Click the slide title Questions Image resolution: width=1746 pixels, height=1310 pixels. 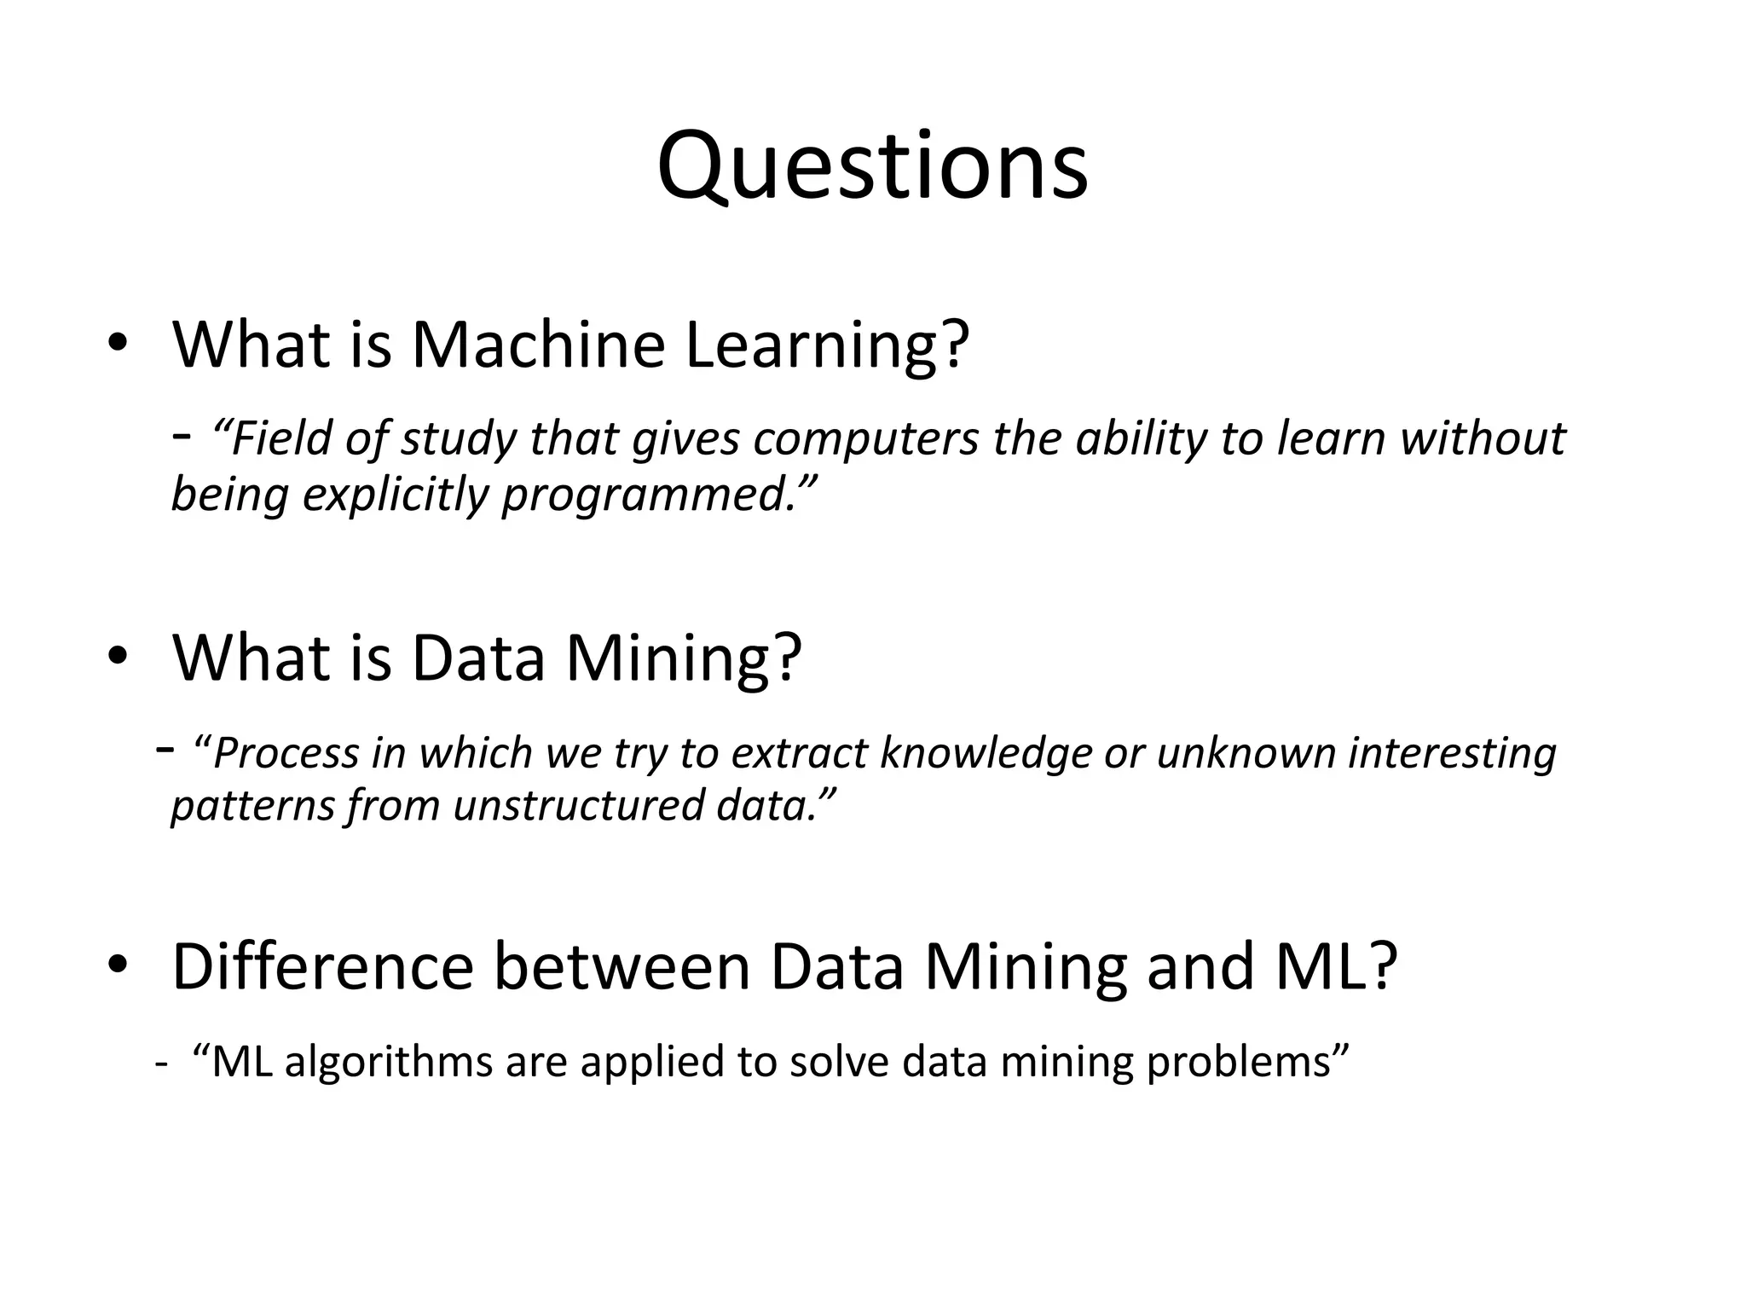point(872,166)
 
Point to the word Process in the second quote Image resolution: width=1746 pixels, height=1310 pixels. point(286,754)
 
